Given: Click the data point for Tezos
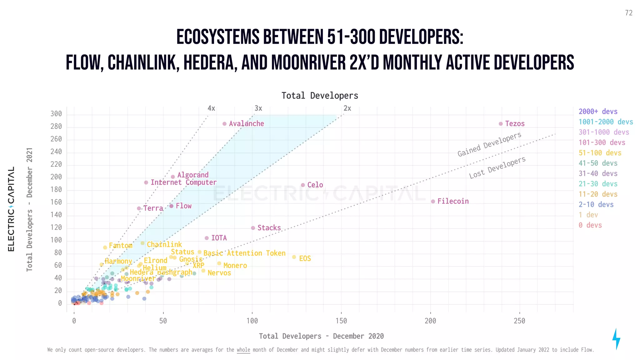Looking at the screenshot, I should [501, 124].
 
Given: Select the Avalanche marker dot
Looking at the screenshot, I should [224, 124].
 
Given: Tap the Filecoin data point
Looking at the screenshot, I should [433, 202].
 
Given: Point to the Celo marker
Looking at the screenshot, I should [303, 185].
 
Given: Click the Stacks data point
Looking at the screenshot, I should [253, 228].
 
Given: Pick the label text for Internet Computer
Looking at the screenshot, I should [183, 182].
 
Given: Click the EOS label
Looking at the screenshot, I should [305, 258].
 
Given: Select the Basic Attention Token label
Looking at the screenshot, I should [244, 253].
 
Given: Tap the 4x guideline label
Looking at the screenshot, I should [211, 108].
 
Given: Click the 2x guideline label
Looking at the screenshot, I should [347, 108].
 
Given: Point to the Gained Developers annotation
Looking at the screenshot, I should [489, 144].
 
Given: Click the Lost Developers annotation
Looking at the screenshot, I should [497, 168].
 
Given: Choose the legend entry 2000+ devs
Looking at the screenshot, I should [598, 112].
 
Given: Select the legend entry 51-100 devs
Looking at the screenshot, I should [600, 153].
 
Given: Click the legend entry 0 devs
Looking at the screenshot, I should [590, 225].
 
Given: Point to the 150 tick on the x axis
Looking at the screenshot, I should [341, 321].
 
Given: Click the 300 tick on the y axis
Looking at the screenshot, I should [56, 114].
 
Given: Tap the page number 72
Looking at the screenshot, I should [629, 13].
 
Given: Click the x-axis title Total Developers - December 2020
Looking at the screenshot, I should [321, 336].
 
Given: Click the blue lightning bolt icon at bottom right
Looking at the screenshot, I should [616, 339].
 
